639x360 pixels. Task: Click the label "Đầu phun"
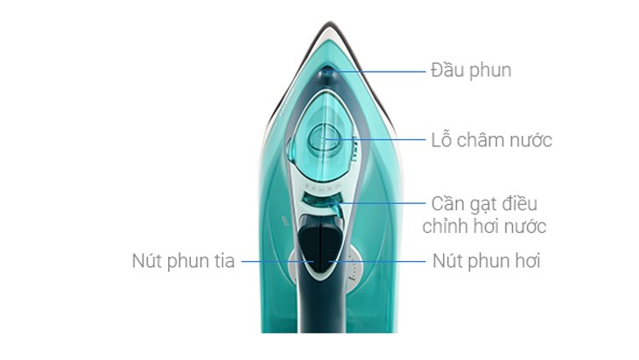pyautogui.click(x=471, y=70)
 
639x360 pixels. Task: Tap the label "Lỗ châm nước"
pyautogui.click(x=491, y=140)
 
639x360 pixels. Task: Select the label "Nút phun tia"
pyautogui.click(x=184, y=261)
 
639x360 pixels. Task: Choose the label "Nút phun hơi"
pyautogui.click(x=486, y=261)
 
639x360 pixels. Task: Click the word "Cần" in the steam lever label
pyautogui.click(x=447, y=204)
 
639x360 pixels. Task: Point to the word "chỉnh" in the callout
pyautogui.click(x=446, y=227)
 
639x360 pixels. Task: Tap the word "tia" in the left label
pyautogui.click(x=223, y=261)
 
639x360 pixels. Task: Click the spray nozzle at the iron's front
pyautogui.click(x=327, y=73)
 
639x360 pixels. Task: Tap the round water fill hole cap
pyautogui.click(x=324, y=139)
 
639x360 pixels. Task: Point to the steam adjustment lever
pyautogui.click(x=326, y=201)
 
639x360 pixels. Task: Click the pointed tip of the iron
pyautogui.click(x=329, y=23)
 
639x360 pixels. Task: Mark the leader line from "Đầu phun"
pyautogui.click(x=376, y=72)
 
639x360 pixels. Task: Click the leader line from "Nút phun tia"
pyautogui.click(x=278, y=261)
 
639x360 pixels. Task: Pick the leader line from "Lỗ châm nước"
pyautogui.click(x=375, y=139)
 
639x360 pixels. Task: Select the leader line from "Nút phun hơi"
pyautogui.click(x=377, y=261)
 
